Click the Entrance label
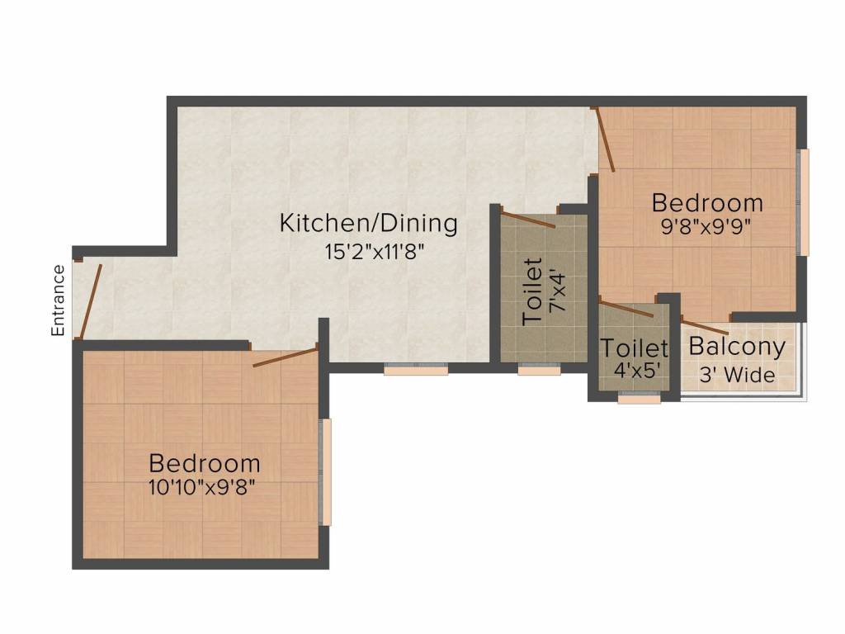pos(58,300)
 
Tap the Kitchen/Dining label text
pos(369,223)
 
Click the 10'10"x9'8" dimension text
pos(201,488)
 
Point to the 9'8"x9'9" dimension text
pos(706,227)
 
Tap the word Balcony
pos(737,348)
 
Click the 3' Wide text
pos(737,375)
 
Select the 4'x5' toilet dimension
pos(638,370)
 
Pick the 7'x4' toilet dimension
pos(558,291)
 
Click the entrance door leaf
pos(90,300)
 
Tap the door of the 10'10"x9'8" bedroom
pos(286,357)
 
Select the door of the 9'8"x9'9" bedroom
pos(605,139)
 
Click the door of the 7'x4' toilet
pos(527,220)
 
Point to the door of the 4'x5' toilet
pos(626,310)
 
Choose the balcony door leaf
pos(705,327)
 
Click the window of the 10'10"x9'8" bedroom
pos(325,471)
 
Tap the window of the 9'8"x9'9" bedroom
pos(803,202)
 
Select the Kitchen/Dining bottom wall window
pos(416,369)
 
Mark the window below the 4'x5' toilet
pos(639,399)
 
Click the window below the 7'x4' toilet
pos(539,369)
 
